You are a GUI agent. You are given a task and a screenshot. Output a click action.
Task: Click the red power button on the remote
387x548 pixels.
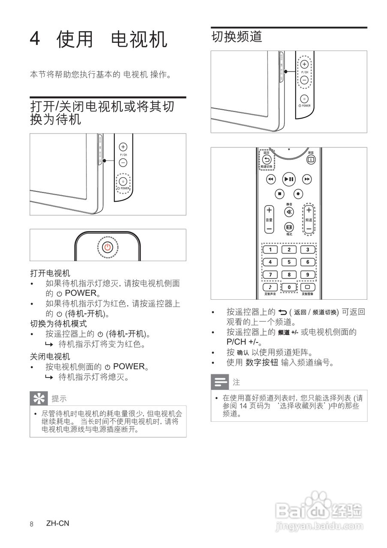pos(108,247)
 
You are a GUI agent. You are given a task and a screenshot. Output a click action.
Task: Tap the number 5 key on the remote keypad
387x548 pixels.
pos(289,262)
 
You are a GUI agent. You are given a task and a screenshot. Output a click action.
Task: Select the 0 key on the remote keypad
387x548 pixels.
pos(289,287)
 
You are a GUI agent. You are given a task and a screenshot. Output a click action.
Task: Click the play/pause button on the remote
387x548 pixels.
pos(289,179)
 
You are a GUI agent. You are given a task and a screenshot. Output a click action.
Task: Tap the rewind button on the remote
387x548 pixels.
pos(270,179)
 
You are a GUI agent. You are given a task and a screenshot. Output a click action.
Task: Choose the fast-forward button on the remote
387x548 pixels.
pos(307,179)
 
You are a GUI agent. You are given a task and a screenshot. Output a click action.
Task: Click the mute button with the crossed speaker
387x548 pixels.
pos(289,212)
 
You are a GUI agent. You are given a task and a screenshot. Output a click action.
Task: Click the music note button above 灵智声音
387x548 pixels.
pos(270,287)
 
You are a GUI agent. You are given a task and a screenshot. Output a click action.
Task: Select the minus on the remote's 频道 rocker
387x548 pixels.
pos(309,229)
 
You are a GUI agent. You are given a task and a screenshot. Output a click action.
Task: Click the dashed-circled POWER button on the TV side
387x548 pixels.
pos(123,182)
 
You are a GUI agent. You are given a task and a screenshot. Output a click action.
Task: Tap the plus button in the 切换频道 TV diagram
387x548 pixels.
pos(304,64)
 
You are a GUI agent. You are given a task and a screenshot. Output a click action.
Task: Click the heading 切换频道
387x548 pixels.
pos(237,37)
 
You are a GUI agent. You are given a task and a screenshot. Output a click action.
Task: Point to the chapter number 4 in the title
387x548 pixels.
pos(35,40)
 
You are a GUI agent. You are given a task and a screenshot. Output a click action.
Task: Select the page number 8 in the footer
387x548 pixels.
pos(32,524)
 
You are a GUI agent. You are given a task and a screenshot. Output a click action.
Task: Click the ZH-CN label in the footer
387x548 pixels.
pos(57,524)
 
